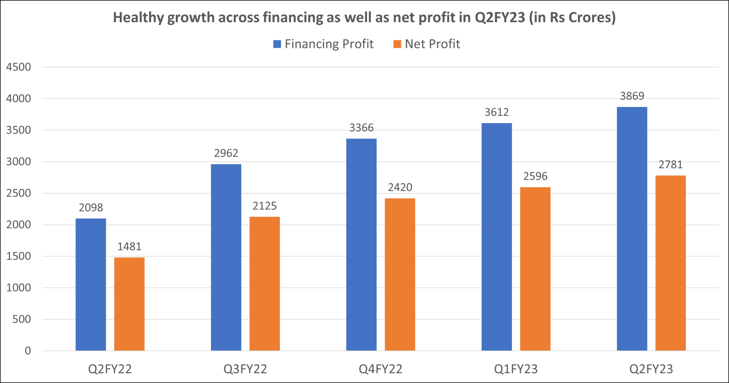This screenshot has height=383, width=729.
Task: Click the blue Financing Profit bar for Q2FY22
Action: click(91, 285)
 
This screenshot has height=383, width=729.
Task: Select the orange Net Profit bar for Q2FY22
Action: click(129, 304)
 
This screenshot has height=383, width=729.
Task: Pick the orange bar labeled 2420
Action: click(400, 274)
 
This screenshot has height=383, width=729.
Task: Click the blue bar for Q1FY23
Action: click(497, 237)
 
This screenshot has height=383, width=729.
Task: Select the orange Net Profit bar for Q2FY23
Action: click(671, 263)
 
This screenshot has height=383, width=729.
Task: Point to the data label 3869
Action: click(632, 96)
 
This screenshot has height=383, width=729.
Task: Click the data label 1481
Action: click(129, 246)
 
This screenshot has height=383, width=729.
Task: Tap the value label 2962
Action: click(226, 153)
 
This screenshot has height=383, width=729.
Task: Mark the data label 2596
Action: click(535, 176)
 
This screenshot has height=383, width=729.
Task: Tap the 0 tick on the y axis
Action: click(27, 351)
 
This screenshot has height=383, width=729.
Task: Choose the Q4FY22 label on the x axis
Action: click(381, 369)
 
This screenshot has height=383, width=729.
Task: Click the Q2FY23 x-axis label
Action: click(651, 369)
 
